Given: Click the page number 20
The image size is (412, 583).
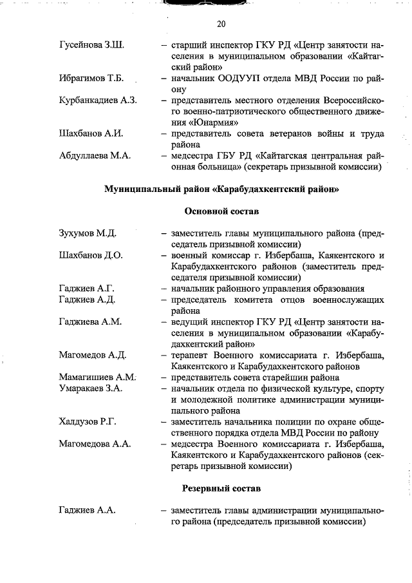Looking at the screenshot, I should (x=221, y=24).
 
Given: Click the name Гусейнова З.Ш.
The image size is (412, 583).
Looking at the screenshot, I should (x=91, y=46).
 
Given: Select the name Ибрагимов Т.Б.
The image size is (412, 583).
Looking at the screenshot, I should (x=91, y=79).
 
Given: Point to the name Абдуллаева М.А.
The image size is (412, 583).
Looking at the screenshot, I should (x=95, y=155).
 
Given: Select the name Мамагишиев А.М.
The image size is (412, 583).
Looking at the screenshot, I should (x=97, y=377).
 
